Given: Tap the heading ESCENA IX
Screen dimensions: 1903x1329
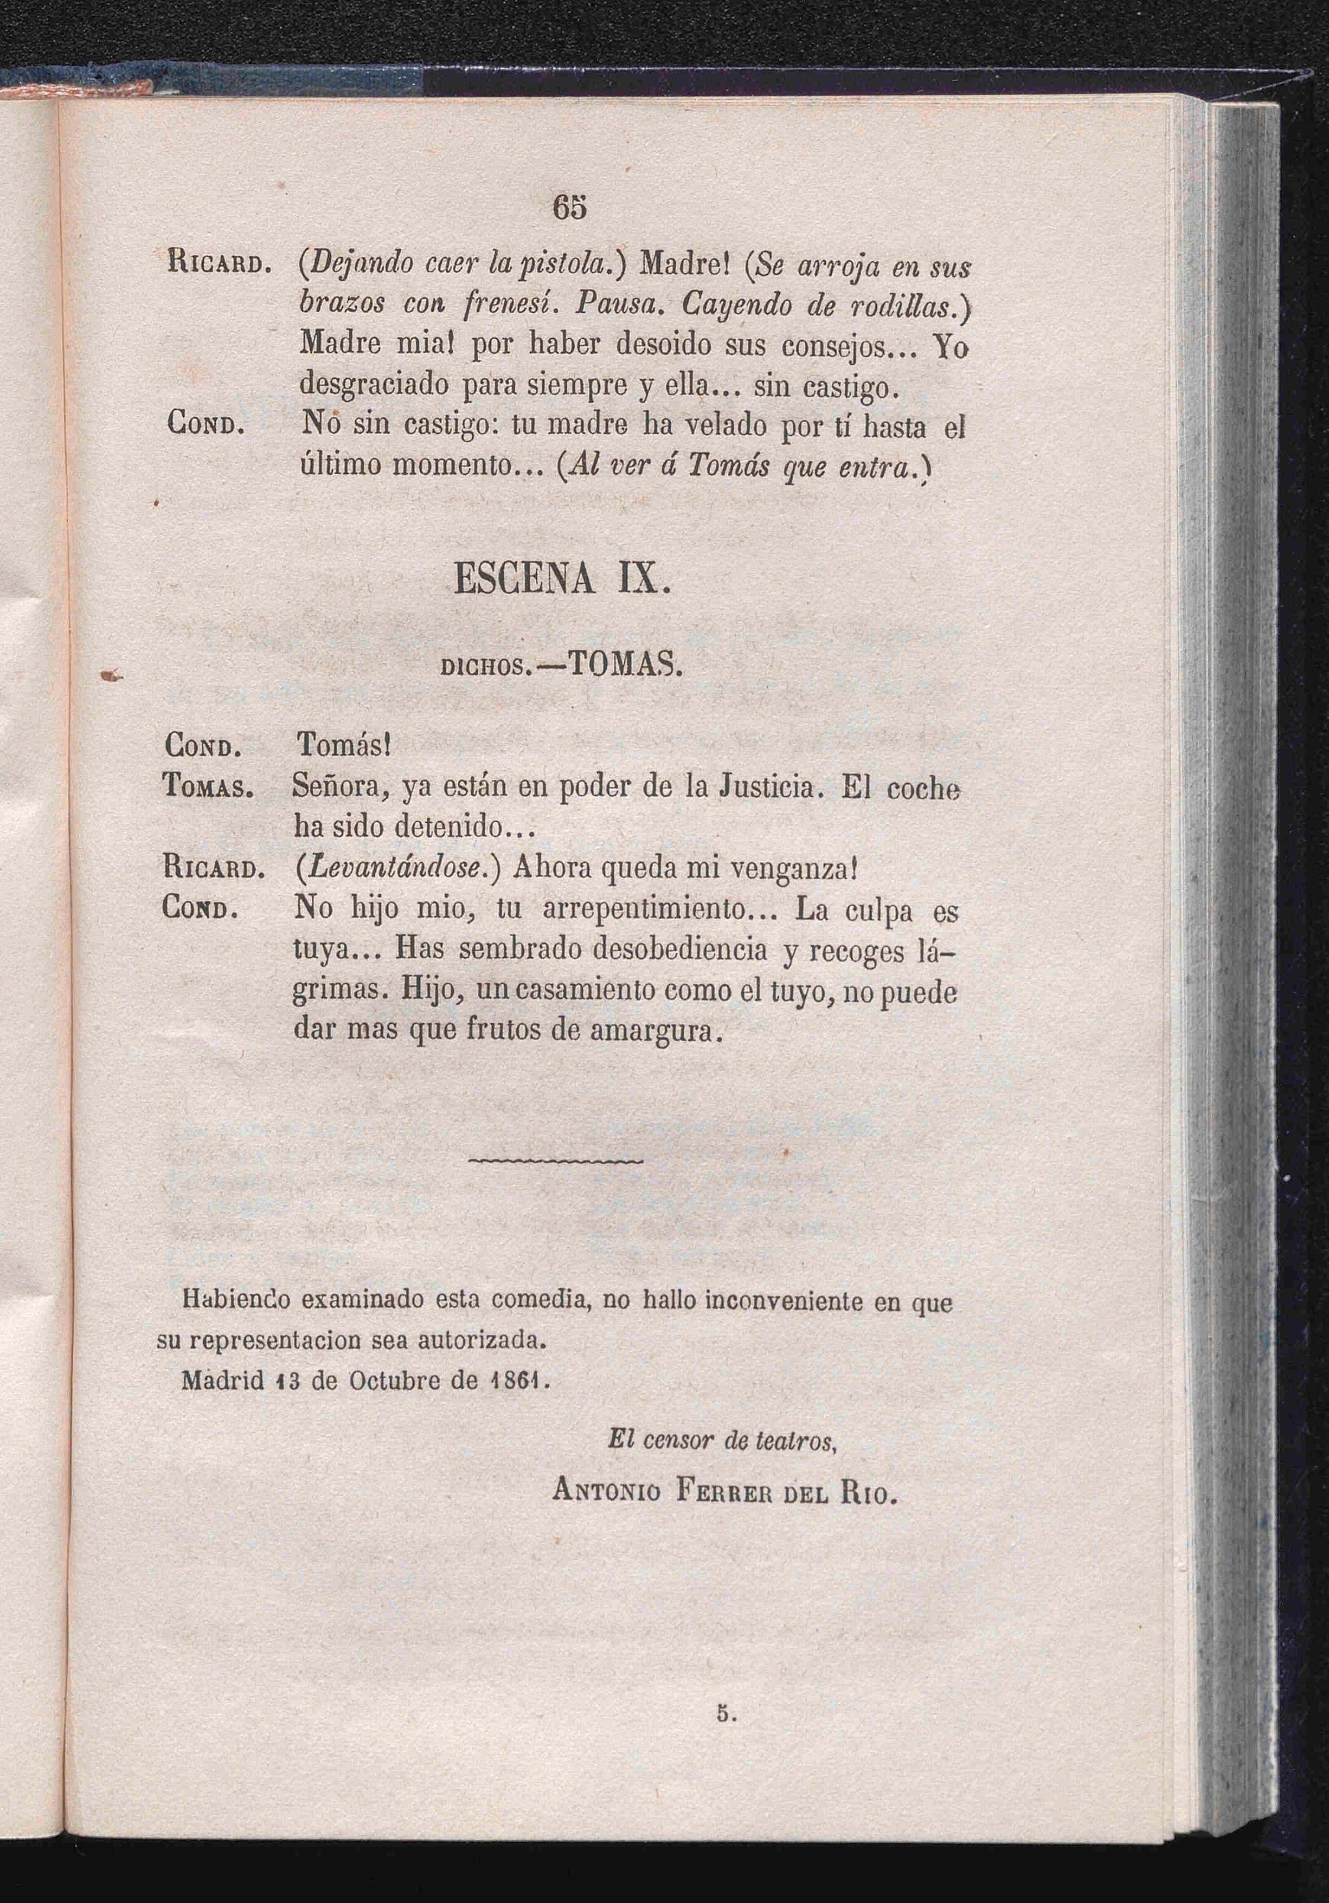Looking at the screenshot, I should (561, 578).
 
